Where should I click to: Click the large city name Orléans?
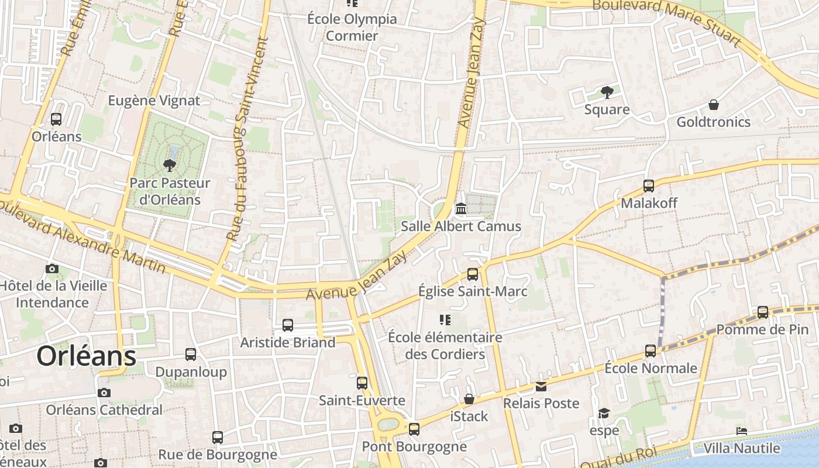(x=87, y=356)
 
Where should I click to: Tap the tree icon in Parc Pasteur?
(x=170, y=165)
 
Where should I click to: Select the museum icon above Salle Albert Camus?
(x=461, y=209)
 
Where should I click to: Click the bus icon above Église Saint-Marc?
(x=472, y=274)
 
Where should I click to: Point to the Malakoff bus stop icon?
(x=648, y=186)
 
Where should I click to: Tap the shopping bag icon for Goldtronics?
(x=713, y=105)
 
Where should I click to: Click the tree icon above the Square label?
(x=607, y=92)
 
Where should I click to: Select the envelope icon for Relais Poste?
(x=541, y=386)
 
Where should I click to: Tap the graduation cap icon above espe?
(x=604, y=414)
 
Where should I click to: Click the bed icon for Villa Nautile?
(x=742, y=431)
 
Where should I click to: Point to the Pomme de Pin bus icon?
(x=762, y=312)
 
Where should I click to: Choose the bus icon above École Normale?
(x=651, y=351)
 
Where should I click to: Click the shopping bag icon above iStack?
(x=469, y=399)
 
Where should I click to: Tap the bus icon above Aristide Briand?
(x=287, y=325)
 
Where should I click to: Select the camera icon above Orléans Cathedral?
(x=104, y=393)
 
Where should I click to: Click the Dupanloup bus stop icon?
(x=191, y=355)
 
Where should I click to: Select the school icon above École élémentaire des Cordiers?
(x=445, y=320)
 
